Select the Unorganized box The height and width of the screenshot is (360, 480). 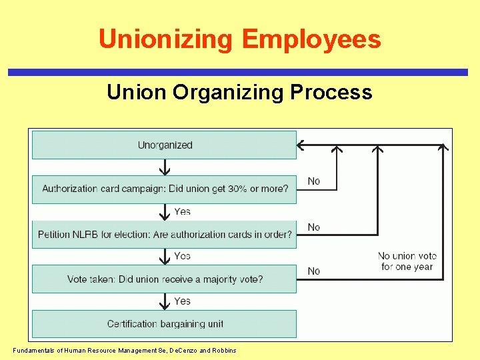[x=165, y=145]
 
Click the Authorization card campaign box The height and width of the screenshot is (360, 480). [x=165, y=189]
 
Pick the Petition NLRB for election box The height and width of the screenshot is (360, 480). [x=165, y=235]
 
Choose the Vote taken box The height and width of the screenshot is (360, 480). [x=165, y=279]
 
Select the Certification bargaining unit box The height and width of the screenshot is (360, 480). [x=165, y=324]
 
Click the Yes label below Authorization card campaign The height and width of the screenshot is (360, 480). [x=183, y=211]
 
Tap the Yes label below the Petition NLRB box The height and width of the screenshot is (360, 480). [x=183, y=256]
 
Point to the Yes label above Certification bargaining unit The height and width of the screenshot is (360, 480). [x=183, y=301]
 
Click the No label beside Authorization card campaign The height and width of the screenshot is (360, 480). [x=314, y=181]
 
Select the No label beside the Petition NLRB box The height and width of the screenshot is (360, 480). [x=314, y=227]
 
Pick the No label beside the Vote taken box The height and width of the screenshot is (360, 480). [x=314, y=271]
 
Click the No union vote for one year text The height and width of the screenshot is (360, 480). [x=407, y=261]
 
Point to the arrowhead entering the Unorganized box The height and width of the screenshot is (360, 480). [x=301, y=145]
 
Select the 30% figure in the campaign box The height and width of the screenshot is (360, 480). [x=237, y=189]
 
